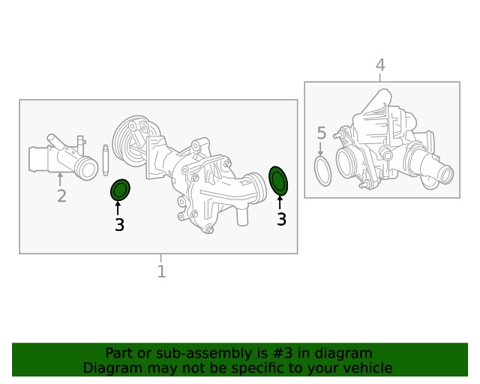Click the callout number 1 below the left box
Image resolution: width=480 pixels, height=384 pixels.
click(x=162, y=271)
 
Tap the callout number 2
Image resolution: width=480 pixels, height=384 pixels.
click(x=61, y=196)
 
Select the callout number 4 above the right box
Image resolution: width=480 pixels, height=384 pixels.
click(x=380, y=65)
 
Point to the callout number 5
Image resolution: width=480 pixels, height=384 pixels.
click(x=322, y=133)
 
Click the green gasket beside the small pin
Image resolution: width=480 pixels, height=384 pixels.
click(x=120, y=190)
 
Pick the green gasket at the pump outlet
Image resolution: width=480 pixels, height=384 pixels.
click(x=278, y=181)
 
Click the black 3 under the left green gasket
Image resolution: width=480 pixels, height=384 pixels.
click(x=119, y=225)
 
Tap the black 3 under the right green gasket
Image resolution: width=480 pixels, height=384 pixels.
click(x=281, y=219)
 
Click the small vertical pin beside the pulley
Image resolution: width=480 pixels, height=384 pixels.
click(x=106, y=160)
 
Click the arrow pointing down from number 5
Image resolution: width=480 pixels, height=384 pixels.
click(x=320, y=148)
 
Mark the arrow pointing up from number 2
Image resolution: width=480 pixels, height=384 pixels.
click(x=60, y=179)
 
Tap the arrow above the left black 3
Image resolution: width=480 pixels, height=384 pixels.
click(x=118, y=208)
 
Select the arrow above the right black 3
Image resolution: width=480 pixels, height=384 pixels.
click(x=280, y=202)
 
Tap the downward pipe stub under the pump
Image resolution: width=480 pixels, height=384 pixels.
click(x=241, y=216)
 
